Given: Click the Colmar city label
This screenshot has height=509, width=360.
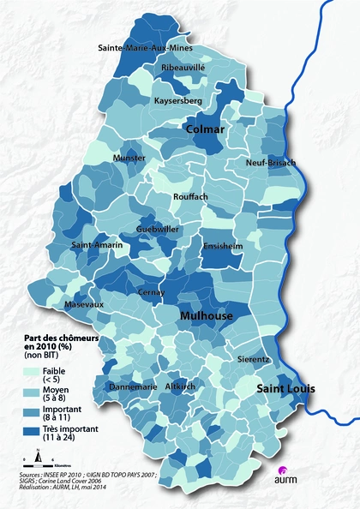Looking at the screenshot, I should tap(206, 129).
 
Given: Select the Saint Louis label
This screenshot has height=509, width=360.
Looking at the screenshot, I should tap(287, 388).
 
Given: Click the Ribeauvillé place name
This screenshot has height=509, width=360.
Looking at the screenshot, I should tap(183, 67).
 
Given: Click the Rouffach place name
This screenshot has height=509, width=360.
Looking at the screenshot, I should tap(190, 196).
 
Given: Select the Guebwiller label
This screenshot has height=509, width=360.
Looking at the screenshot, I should tap(158, 230).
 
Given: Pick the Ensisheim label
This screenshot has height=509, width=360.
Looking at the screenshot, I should tap(222, 245).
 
